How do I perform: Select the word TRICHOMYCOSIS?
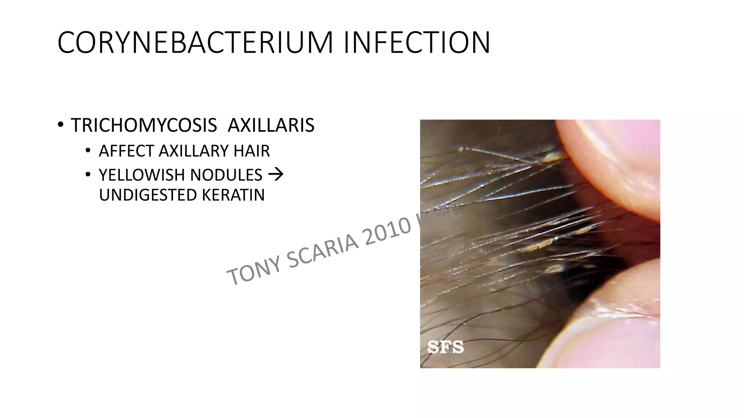coord(144,126)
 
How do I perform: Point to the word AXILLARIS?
coord(271,126)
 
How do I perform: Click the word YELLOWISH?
coord(141,175)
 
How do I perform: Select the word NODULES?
coord(226,175)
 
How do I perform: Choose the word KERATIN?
coord(233,195)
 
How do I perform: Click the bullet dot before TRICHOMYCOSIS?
coord(60,125)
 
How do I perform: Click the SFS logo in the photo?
coord(445,347)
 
